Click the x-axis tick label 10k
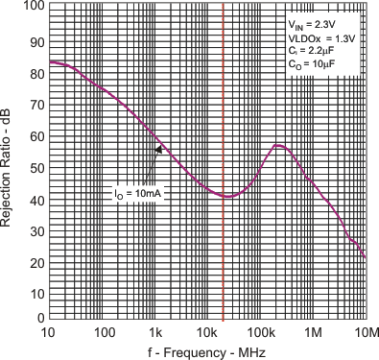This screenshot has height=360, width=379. tap(207, 331)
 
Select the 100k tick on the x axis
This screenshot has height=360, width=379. tap(260, 331)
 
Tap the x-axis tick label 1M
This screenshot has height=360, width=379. tap(314, 331)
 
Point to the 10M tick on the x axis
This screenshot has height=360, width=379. tap(366, 331)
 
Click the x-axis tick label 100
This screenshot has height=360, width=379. tap(101, 331)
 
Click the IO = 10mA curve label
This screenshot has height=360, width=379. tap(135, 192)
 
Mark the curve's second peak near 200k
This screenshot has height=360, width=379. tap(277, 145)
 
